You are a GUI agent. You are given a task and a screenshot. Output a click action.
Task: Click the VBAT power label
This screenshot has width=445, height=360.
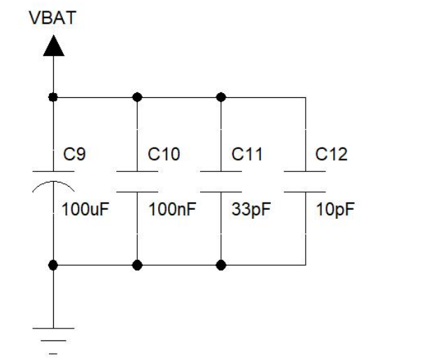[x=52, y=17]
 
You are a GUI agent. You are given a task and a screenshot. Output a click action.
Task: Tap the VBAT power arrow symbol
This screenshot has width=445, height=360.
[x=53, y=46]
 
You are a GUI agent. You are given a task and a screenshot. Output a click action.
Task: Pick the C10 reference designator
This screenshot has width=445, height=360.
[x=164, y=154]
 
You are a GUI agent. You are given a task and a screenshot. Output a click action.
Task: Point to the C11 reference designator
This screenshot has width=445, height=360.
[x=246, y=154]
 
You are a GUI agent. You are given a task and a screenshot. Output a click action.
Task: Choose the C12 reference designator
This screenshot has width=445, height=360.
[x=331, y=154]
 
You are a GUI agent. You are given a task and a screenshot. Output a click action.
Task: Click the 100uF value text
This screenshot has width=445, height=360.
[x=86, y=209]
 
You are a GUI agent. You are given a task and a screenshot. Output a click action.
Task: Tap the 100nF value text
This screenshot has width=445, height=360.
[x=171, y=209]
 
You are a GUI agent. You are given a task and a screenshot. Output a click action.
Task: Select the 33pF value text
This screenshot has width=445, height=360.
[x=249, y=209]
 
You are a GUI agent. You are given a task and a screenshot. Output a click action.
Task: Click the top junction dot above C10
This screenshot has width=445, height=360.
[x=137, y=96]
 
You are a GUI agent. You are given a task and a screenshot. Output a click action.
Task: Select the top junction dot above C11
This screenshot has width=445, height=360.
[x=221, y=96]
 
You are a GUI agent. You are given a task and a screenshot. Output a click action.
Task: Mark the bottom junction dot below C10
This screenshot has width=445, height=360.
[x=137, y=265]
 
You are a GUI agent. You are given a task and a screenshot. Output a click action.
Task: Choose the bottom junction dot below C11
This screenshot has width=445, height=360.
[x=221, y=265]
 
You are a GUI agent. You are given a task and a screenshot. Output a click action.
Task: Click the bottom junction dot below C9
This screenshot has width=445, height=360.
[x=53, y=265]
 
